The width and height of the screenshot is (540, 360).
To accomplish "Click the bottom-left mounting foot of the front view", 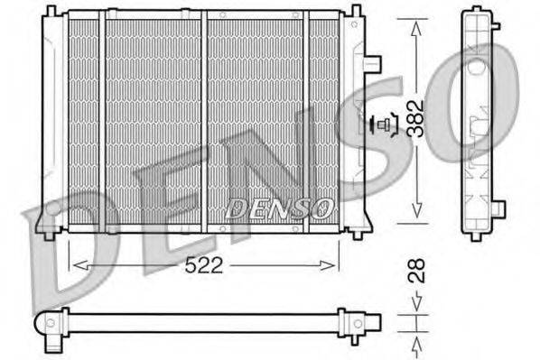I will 50,234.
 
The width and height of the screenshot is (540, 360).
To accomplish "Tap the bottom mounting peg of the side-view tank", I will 479,236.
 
